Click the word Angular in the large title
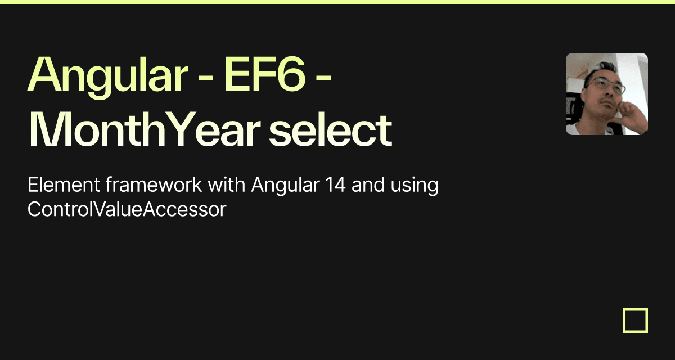pyautogui.click(x=107, y=77)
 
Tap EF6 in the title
pyautogui.click(x=265, y=74)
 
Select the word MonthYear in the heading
pyautogui.click(x=144, y=129)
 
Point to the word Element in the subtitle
pyautogui.click(x=64, y=184)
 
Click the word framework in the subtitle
pyautogui.click(x=154, y=184)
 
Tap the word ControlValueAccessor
pyautogui.click(x=127, y=209)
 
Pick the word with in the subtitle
pyautogui.click(x=226, y=184)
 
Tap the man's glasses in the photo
pyautogui.click(x=606, y=85)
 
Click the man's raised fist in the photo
pyautogui.click(x=627, y=111)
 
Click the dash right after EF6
pyautogui.click(x=323, y=79)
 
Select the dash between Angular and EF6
pyautogui.click(x=206, y=79)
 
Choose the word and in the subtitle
pyautogui.click(x=368, y=184)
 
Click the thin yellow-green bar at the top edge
pyautogui.click(x=337, y=2)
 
